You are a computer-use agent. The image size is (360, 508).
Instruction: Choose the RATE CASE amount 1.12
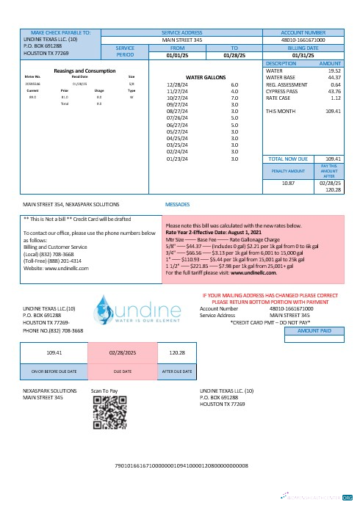click(x=336, y=98)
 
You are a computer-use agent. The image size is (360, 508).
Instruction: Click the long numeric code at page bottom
click(x=180, y=465)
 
